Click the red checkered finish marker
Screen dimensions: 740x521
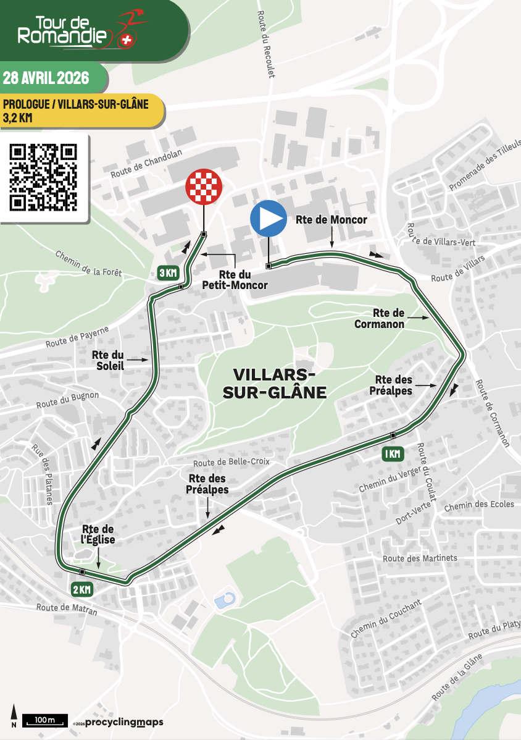[x=204, y=186]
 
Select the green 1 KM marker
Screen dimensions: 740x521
[x=393, y=453]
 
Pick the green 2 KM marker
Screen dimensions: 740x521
[x=81, y=589]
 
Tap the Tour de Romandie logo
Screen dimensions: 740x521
[x=74, y=30]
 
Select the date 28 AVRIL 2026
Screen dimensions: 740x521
[x=47, y=78]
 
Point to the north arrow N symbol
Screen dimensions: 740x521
[x=13, y=717]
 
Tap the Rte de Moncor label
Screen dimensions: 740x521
[x=340, y=220]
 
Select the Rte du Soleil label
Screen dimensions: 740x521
[x=108, y=360]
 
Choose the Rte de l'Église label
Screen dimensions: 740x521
[x=98, y=534]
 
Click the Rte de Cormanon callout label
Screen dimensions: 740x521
[x=380, y=319]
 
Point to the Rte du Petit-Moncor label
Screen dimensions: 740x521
[x=235, y=280]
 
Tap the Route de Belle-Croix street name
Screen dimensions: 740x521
[x=231, y=462]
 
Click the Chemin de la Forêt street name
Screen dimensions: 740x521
[x=89, y=262]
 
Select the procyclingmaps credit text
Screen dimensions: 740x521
[x=124, y=722]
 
